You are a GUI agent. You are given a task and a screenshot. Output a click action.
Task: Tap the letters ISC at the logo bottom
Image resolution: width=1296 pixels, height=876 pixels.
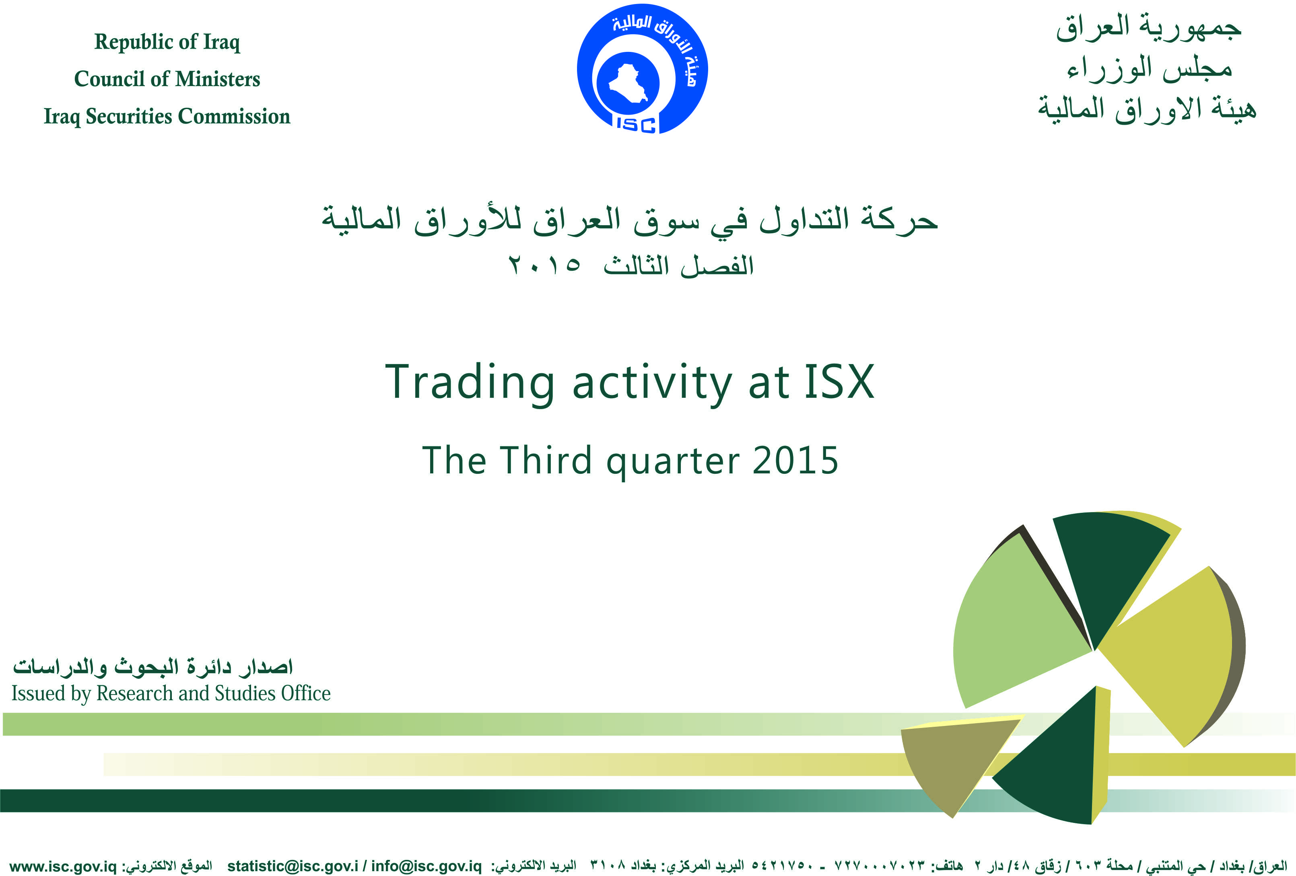coord(636,124)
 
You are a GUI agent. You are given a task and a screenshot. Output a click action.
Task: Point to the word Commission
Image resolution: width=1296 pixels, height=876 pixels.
coord(234,116)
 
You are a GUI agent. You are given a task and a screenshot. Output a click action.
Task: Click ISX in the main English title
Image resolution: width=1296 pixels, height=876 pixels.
coord(839,382)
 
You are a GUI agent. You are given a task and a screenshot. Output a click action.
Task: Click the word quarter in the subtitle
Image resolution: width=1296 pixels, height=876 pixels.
coord(673,463)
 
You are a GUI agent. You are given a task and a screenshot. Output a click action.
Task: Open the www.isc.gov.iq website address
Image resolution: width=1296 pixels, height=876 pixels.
coord(63,866)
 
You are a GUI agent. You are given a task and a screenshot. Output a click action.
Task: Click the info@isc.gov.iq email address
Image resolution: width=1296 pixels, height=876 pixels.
coord(426,866)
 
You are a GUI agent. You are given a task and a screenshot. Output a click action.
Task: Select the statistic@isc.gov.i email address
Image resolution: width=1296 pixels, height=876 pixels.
coord(293,866)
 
